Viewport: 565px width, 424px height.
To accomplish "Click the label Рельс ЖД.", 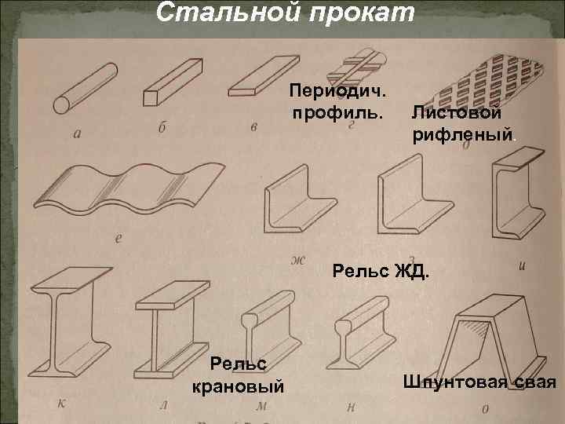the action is [381, 272].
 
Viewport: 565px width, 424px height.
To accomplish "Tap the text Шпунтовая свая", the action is [479, 382].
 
